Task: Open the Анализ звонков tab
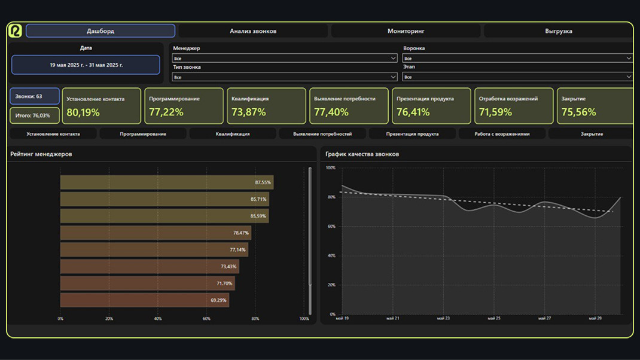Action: [x=253, y=31]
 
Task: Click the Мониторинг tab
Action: [x=406, y=31]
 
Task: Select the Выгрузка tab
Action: [x=558, y=31]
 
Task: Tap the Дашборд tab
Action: [x=100, y=31]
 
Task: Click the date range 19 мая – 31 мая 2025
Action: [x=86, y=65]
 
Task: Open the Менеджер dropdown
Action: [x=285, y=58]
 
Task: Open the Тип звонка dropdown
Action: [x=285, y=77]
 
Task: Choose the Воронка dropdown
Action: [x=517, y=58]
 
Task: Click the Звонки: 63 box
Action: [x=35, y=96]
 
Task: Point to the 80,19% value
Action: [x=83, y=112]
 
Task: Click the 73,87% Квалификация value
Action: [x=248, y=112]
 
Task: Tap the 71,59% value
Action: [x=496, y=112]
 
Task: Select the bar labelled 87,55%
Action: [x=166, y=182]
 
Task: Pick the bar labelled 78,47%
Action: [x=156, y=233]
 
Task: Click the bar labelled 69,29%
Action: [x=144, y=300]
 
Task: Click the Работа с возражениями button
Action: [x=502, y=134]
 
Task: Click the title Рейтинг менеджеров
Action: [x=41, y=154]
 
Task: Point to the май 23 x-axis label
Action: [x=443, y=319]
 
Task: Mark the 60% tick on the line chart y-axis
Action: [x=331, y=227]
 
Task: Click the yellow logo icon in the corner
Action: [x=15, y=30]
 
